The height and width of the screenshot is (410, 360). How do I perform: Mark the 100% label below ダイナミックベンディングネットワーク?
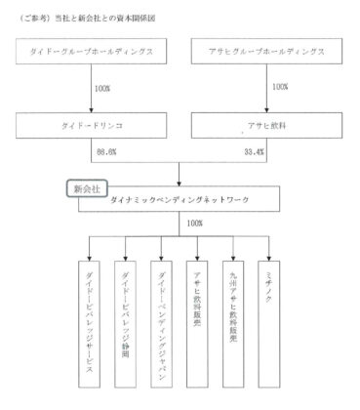click(193, 223)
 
